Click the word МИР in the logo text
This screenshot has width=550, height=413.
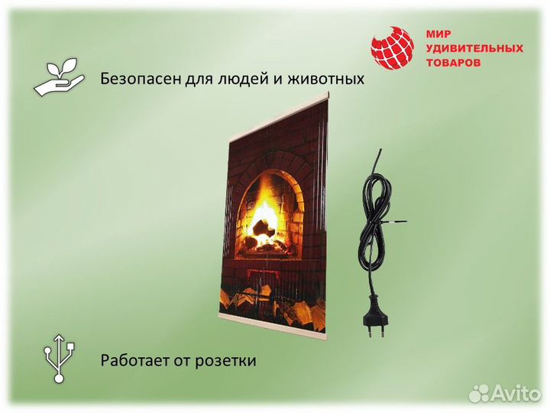tap(438, 34)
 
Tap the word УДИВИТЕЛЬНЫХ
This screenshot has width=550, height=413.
tap(474, 49)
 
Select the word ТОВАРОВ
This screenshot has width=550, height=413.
tap(454, 63)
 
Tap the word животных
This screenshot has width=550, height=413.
tap(324, 79)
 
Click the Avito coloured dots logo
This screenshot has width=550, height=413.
tap(480, 392)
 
